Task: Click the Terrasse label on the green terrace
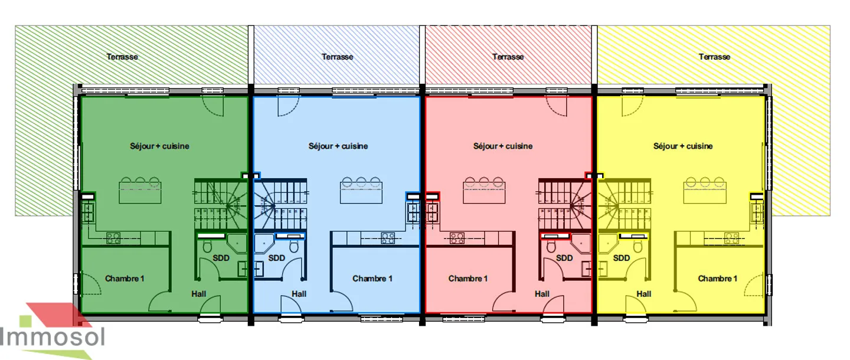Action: click(x=122, y=57)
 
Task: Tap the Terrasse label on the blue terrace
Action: click(x=338, y=57)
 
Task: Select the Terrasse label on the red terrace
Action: click(x=508, y=57)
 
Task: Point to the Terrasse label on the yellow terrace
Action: click(x=714, y=57)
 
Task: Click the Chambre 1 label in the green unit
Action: click(x=125, y=279)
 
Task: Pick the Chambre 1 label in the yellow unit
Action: click(x=718, y=279)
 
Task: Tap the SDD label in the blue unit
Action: click(x=277, y=258)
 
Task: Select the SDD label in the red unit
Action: click(x=564, y=258)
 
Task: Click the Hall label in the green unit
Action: click(x=199, y=294)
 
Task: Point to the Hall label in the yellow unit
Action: click(x=644, y=294)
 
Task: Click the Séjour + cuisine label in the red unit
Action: click(x=503, y=146)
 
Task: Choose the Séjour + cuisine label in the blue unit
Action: click(x=338, y=146)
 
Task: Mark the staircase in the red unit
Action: click(x=565, y=204)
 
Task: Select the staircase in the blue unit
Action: click(x=280, y=204)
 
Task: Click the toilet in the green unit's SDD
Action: click(x=207, y=247)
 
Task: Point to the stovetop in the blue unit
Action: click(x=388, y=238)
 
